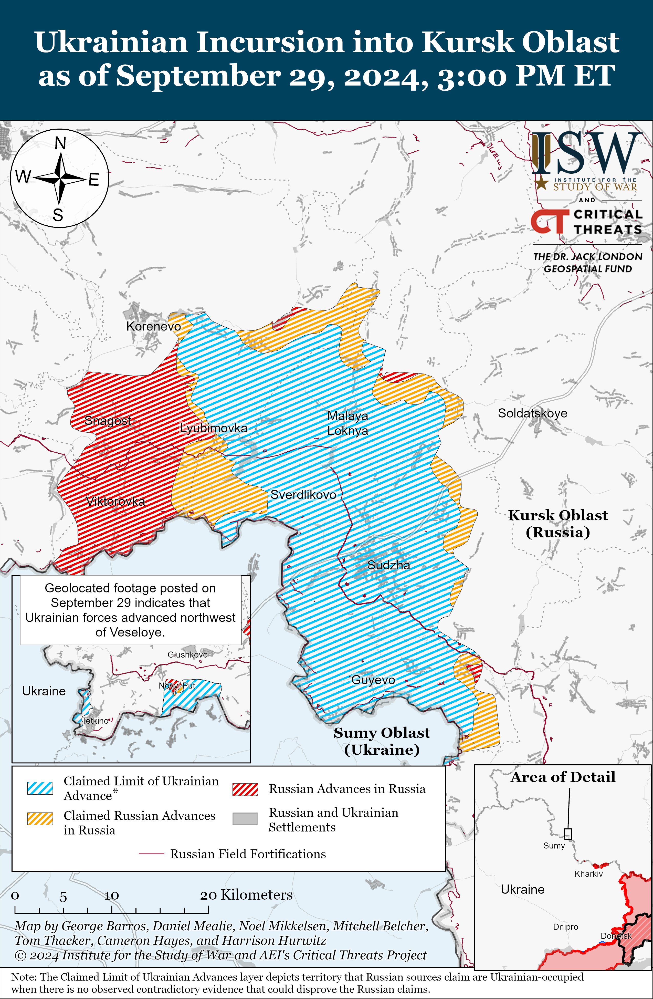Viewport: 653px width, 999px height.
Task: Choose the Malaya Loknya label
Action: (x=347, y=423)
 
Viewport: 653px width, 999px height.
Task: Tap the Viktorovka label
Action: (x=115, y=501)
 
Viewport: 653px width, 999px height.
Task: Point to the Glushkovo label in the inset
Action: (x=187, y=654)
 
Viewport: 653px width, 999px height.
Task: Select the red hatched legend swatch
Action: (x=245, y=789)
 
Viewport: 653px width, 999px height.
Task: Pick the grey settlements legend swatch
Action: (x=245, y=818)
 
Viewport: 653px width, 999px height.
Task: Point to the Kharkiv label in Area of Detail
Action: (x=588, y=874)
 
